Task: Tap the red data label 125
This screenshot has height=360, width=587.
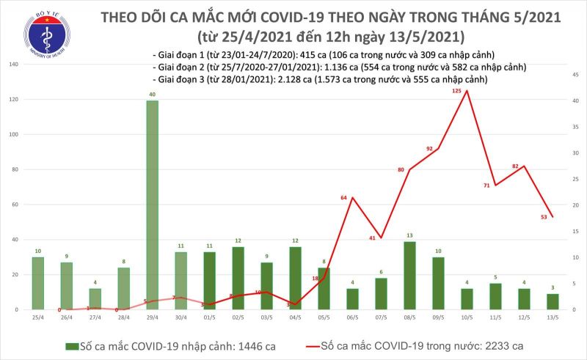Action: [457, 91]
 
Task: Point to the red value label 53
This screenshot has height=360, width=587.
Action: [543, 217]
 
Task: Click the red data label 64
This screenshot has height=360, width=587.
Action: [344, 198]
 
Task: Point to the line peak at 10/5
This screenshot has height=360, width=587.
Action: [467, 90]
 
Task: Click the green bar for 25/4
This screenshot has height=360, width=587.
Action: [37, 283]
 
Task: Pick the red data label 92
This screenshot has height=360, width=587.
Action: [430, 149]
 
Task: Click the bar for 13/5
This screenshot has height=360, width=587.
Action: [553, 301]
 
